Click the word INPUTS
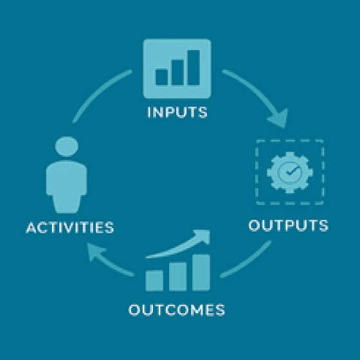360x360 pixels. pyautogui.click(x=177, y=113)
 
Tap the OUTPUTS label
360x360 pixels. pyautogui.click(x=289, y=225)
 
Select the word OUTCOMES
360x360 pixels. pyautogui.click(x=177, y=310)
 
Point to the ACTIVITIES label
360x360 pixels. pyautogui.click(x=70, y=228)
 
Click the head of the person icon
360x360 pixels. pyautogui.click(x=67, y=147)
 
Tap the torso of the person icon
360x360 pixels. pyautogui.click(x=67, y=186)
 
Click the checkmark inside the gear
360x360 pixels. pyautogui.click(x=291, y=171)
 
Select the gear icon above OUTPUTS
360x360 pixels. pyautogui.click(x=290, y=172)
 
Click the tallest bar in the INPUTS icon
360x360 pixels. pyautogui.click(x=194, y=67)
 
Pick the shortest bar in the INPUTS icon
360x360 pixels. pyautogui.click(x=161, y=77)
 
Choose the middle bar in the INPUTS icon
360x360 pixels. pyautogui.click(x=177, y=72)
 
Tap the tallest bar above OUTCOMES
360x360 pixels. pyautogui.click(x=201, y=273)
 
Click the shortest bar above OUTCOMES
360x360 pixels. pyautogui.click(x=154, y=281)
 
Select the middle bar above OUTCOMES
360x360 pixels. pyautogui.click(x=177, y=276)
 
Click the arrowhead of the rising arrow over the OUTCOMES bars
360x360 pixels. pyautogui.click(x=203, y=236)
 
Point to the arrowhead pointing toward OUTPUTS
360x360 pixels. pyautogui.click(x=280, y=119)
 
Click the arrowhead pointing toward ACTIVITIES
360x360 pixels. pyautogui.click(x=96, y=251)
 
